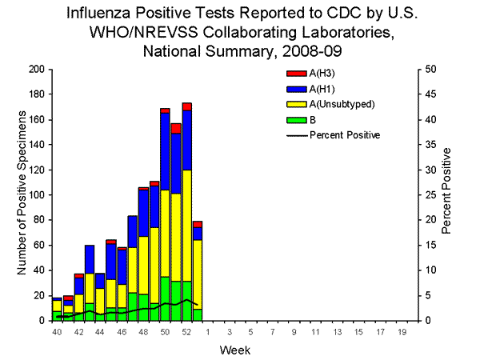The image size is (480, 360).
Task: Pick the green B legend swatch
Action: pos(291,120)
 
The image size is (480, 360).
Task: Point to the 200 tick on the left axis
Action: pos(36,70)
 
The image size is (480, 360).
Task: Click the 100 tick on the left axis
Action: pos(36,195)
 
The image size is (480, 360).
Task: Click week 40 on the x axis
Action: pos(57,330)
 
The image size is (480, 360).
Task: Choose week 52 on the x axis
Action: pos(186,330)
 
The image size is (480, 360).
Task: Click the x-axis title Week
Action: pos(230,349)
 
